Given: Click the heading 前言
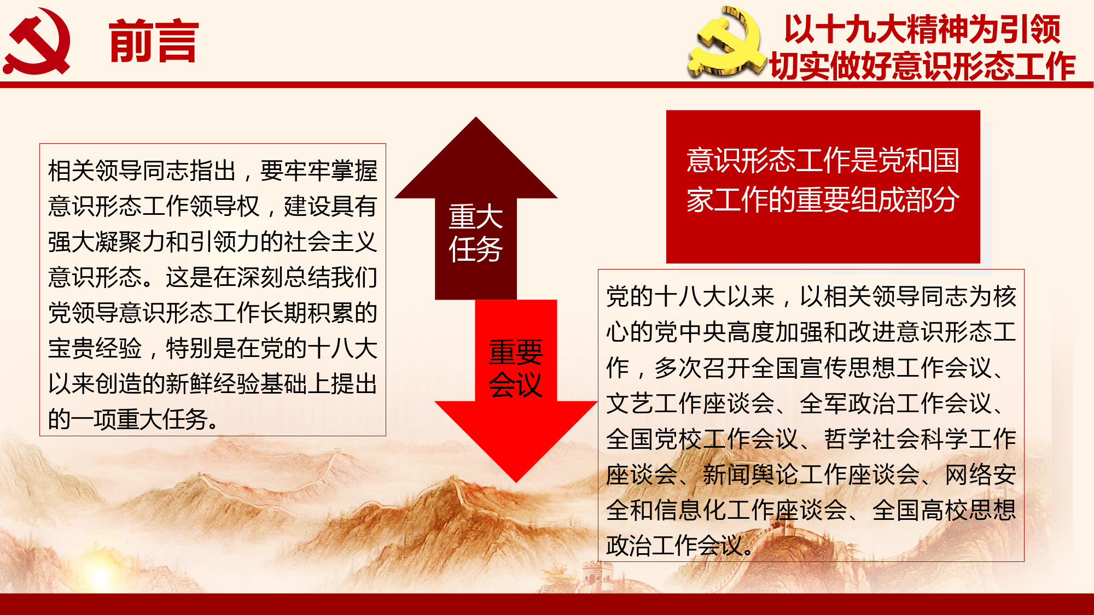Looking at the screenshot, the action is click(x=154, y=42).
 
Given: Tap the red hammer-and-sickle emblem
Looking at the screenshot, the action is click(x=37, y=42).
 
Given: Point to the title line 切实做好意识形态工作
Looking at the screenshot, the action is click(x=922, y=66).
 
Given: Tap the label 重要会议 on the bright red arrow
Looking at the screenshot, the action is click(x=515, y=368).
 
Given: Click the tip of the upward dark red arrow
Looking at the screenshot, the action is click(x=476, y=117).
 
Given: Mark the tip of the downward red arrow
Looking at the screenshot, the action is click(x=516, y=482).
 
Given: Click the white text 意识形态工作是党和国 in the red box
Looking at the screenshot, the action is click(x=823, y=160).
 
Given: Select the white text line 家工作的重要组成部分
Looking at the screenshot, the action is click(x=823, y=200).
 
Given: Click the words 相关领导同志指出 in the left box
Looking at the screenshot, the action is click(x=142, y=171).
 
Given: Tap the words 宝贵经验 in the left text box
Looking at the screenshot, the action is click(x=95, y=348).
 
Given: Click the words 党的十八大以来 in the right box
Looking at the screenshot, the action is click(x=690, y=297).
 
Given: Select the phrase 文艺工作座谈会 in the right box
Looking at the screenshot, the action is click(x=690, y=403).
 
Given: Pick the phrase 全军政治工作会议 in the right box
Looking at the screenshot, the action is click(x=895, y=403).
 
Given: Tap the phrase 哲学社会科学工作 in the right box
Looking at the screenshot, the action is click(x=920, y=439).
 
